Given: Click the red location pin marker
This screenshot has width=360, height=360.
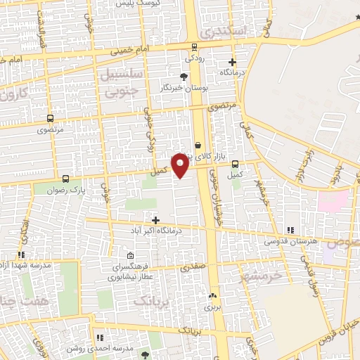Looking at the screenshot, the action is [181, 165].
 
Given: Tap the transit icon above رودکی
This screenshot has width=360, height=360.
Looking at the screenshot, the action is [195, 47].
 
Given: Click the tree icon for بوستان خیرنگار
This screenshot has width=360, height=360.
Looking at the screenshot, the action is [184, 76].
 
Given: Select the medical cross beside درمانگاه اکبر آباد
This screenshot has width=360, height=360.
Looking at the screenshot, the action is [155, 220].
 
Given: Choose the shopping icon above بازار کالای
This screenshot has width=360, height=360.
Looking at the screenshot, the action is [198, 145].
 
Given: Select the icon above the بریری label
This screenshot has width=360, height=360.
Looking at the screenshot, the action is [212, 296].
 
